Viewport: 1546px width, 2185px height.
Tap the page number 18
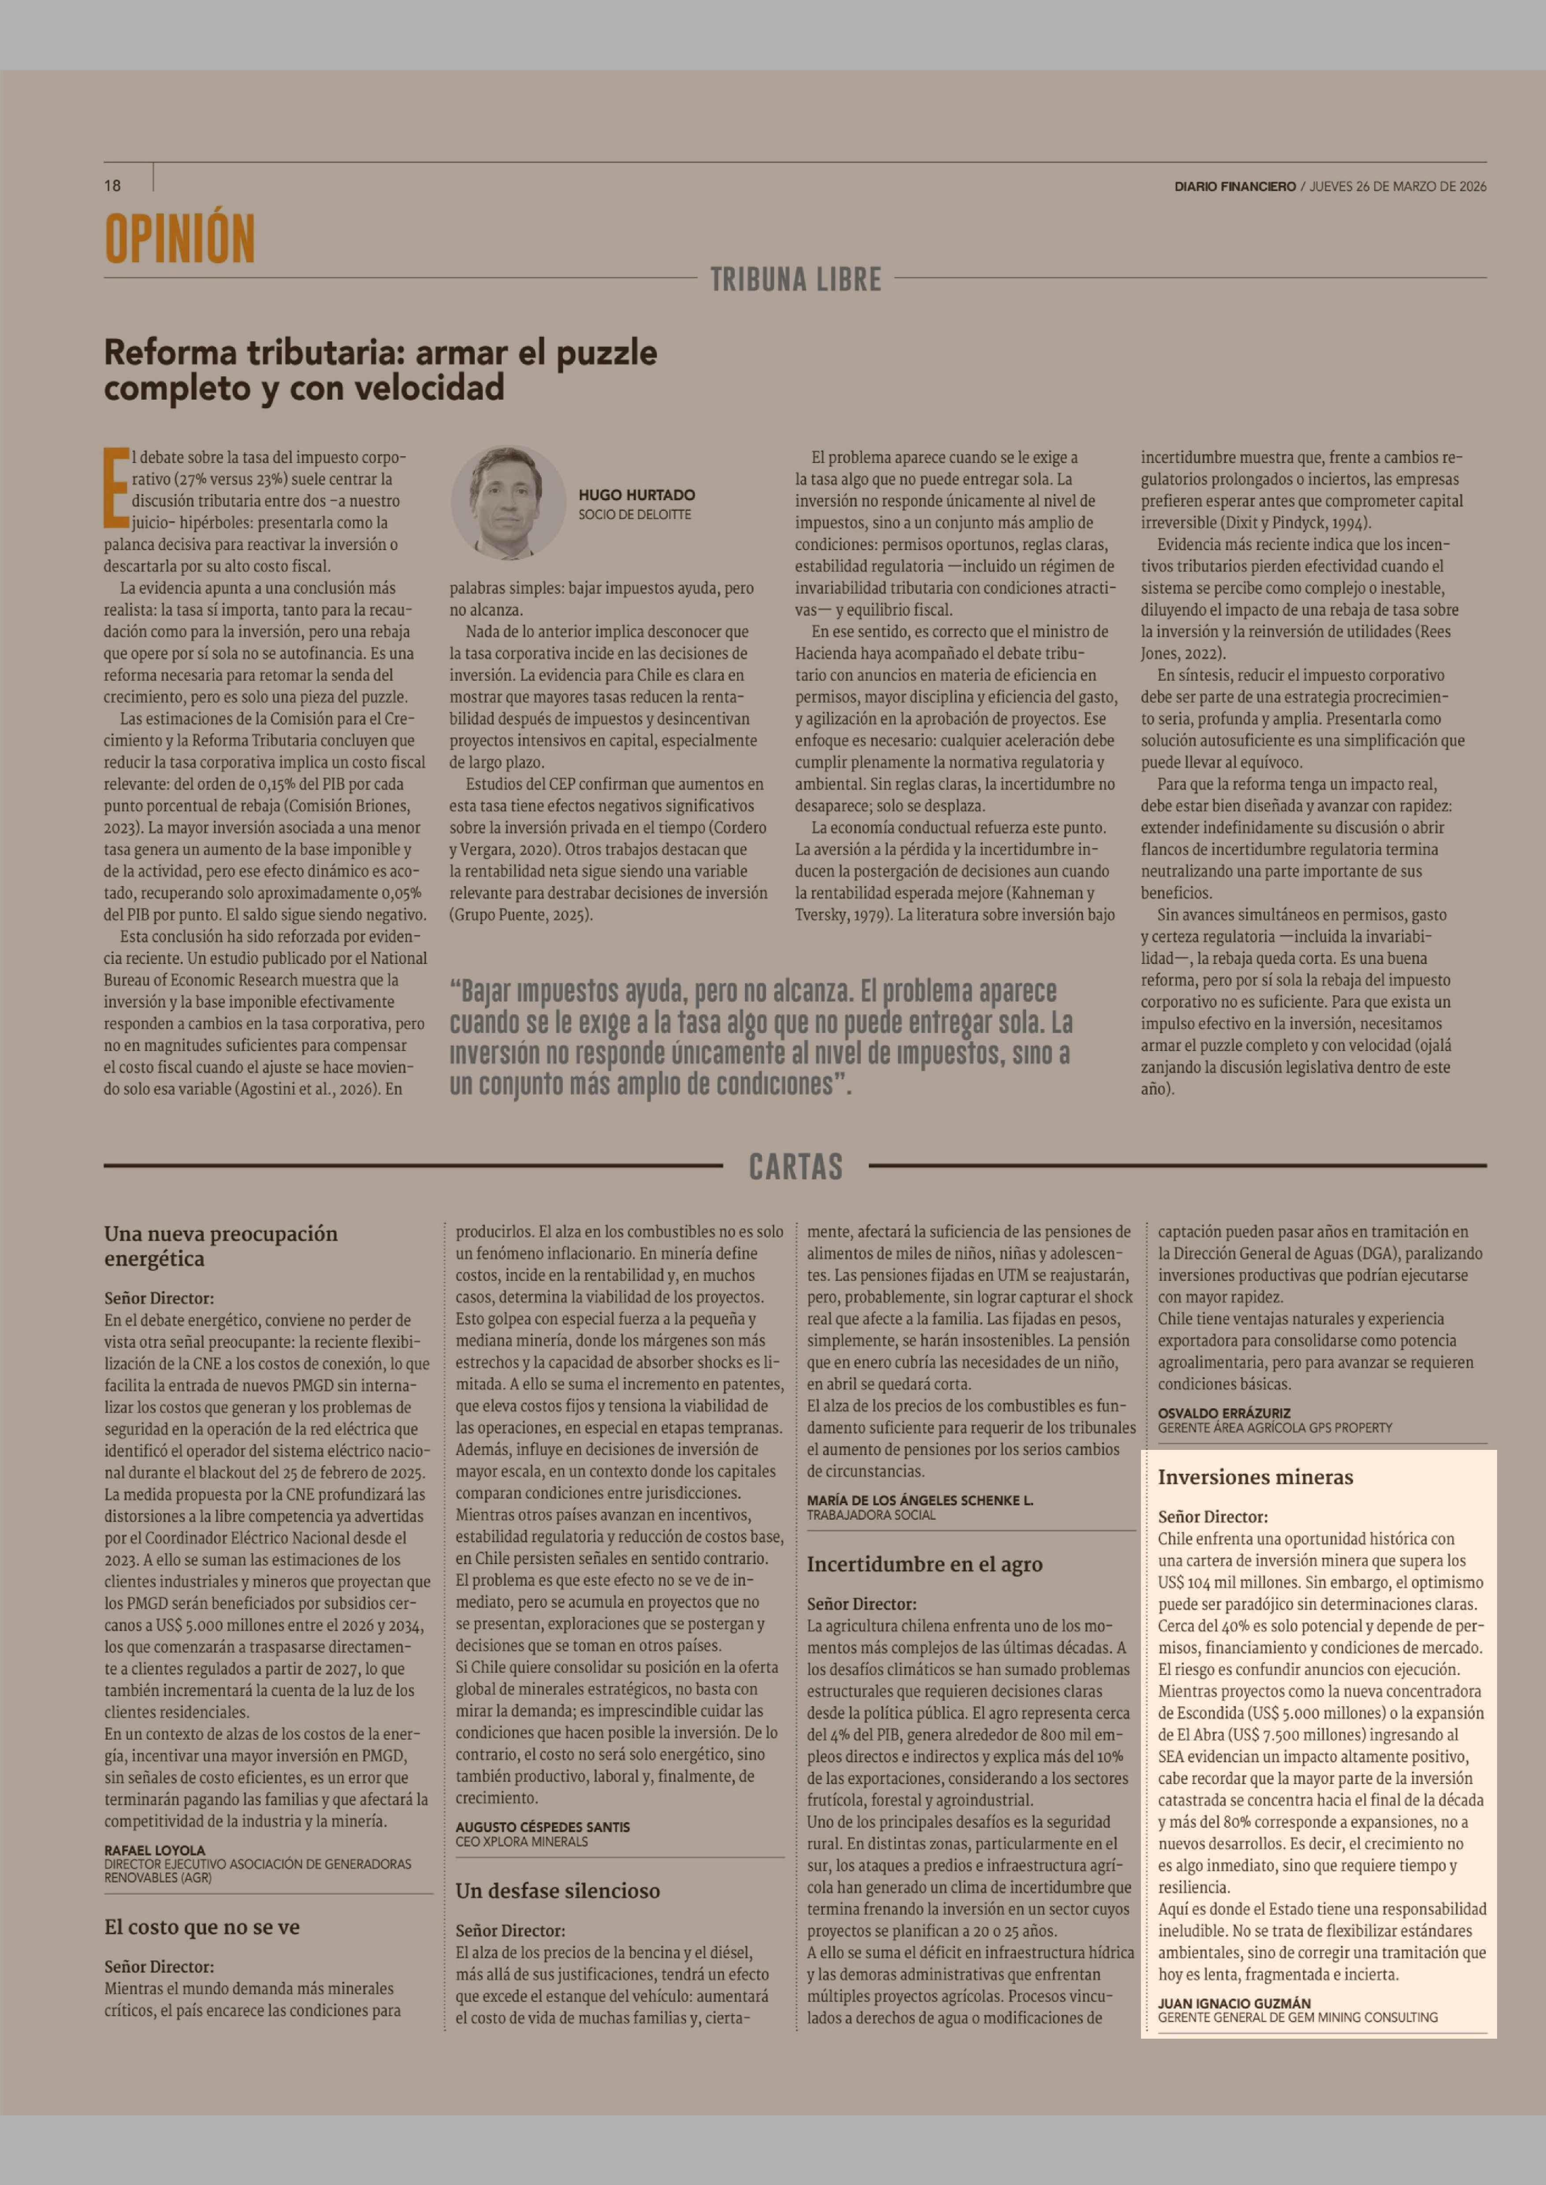112,186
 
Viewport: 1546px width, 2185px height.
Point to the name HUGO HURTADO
636,495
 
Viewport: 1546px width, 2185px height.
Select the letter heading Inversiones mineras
1255,1478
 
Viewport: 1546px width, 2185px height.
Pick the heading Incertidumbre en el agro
924,1564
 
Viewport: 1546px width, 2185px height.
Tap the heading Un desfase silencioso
557,1891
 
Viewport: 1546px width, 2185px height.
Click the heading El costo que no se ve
202,1927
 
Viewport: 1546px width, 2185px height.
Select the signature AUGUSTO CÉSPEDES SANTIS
542,1827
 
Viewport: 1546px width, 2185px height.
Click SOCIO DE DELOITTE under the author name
634,514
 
